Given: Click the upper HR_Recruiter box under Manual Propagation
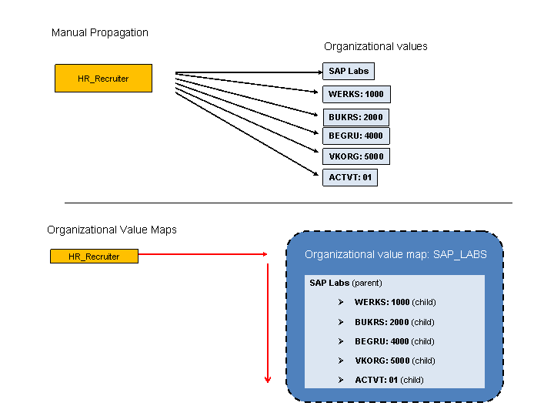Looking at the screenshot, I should pos(103,79).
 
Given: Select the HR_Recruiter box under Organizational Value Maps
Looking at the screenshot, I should pos(94,256).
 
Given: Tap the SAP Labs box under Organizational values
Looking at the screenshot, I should pos(349,71).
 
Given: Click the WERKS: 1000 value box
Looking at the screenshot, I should pos(355,95).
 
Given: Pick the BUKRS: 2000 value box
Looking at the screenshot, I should pos(355,118).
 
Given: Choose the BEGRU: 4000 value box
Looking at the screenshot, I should pos(355,136).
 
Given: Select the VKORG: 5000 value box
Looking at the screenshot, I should pos(355,156).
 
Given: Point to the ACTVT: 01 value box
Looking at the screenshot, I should pos(350,177).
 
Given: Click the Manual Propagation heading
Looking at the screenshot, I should pos(100,32).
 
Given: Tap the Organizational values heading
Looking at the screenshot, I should pos(375,46).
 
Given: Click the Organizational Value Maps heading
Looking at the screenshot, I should pos(112,230).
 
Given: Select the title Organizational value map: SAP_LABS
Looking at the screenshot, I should pos(395,254).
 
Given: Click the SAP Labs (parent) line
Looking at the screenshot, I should pos(345,283).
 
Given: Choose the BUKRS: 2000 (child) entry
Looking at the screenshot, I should pos(394,322).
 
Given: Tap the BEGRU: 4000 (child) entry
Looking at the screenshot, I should pos(394,341).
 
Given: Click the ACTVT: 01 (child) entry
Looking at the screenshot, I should pos(389,380).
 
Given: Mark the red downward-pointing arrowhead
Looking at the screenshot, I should pos(268,378).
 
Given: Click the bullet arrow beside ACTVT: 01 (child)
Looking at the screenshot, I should pos(341,380).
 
